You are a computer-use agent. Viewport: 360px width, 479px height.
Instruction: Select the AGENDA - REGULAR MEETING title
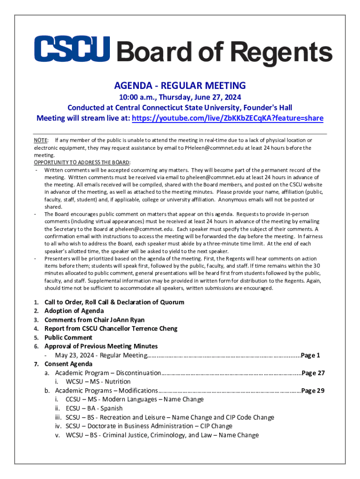pyautogui.click(x=180, y=86)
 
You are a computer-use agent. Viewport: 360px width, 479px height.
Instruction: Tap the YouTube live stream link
pyautogui.click(x=227, y=118)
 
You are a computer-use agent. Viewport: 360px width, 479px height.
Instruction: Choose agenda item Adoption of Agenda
pyautogui.click(x=74, y=311)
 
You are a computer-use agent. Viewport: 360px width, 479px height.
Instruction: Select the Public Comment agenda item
pyautogui.click(x=68, y=338)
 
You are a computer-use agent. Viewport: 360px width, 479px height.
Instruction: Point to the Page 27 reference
pyautogui.click(x=313, y=373)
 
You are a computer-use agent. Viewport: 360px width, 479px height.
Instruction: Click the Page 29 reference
pyautogui.click(x=313, y=391)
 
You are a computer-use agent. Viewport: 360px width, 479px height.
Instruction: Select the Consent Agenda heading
pyautogui.click(x=68, y=364)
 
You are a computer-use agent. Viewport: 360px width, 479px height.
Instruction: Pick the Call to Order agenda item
pyautogui.click(x=114, y=302)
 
